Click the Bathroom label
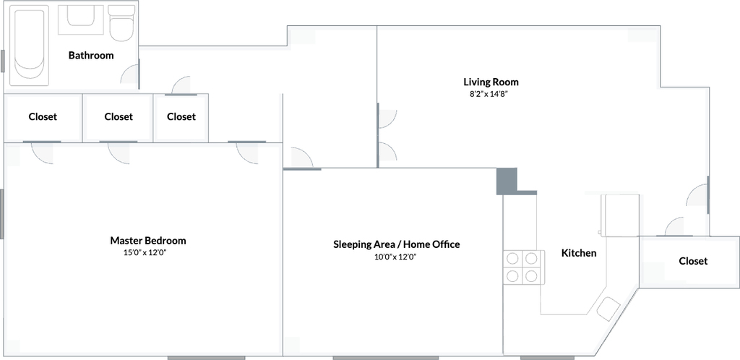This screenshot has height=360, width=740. point(91,55)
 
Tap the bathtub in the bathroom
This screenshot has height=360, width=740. point(29,46)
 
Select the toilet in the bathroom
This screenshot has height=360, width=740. point(121,23)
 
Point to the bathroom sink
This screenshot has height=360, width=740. point(81,20)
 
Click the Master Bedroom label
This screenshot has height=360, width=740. point(148,240)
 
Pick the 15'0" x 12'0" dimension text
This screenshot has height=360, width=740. point(146,252)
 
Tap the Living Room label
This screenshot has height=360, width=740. point(491,82)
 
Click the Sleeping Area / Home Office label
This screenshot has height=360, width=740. point(397,244)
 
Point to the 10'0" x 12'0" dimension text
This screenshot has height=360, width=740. point(395,257)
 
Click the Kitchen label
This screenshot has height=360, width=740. point(579,253)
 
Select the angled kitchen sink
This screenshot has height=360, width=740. point(608,309)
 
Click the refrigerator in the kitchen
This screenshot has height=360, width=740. point(620,215)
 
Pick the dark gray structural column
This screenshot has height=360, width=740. point(507,181)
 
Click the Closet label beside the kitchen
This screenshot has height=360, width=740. point(693,261)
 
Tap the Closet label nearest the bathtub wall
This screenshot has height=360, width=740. point(43,116)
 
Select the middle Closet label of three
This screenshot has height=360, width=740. point(119,116)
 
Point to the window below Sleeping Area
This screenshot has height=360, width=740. point(386,358)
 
